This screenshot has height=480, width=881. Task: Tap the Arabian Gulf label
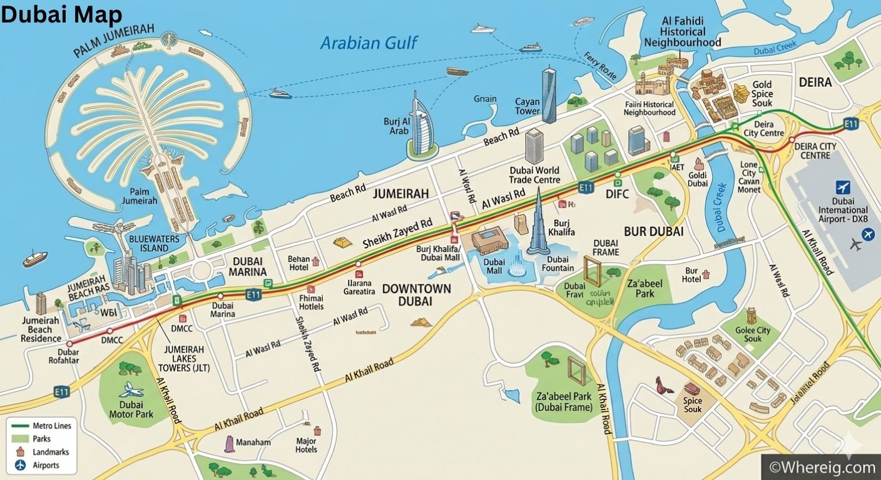pos(369,42)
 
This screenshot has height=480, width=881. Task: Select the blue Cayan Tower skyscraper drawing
pos(549,96)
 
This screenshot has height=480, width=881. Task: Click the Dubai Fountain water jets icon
pos(517,267)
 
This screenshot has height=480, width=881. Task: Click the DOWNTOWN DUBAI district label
pos(416,294)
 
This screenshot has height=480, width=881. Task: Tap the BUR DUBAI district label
pos(653,231)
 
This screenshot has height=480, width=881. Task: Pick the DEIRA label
pos(815,82)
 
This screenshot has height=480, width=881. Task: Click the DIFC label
pos(617,194)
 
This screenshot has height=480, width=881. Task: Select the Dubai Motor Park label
pos(131,409)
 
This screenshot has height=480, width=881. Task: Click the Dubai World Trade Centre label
pos(534,175)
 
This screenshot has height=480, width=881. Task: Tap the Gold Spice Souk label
pos(762,94)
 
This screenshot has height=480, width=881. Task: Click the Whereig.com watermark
pos(822,467)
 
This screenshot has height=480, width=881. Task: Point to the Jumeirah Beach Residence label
pos(41,329)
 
